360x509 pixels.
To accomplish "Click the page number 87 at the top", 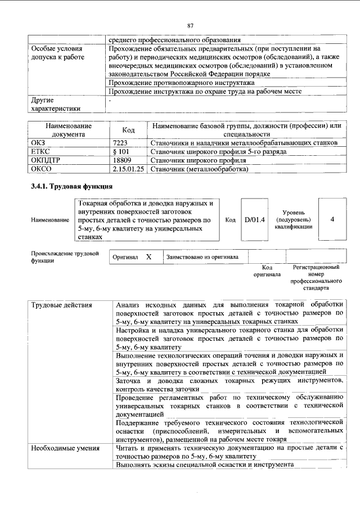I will pyautogui.click(x=190, y=25).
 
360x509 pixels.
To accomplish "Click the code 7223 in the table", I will pyautogui.click(x=121, y=143).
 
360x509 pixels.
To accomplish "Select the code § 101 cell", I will pyautogui.click(x=121, y=152).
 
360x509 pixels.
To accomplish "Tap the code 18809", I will pyautogui.click(x=122, y=160).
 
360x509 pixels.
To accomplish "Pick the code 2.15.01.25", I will pyautogui.click(x=128, y=169).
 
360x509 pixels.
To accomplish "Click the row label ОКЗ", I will pyautogui.click(x=38, y=143).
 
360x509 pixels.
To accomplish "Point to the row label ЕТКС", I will pyautogui.click(x=40, y=152).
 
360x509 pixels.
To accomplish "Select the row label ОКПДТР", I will pyautogui.click(x=44, y=160).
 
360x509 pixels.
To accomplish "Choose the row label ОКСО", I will pyautogui.click(x=40, y=169).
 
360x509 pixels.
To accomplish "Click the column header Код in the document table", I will pyautogui.click(x=128, y=130).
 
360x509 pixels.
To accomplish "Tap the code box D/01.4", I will pyautogui.click(x=255, y=219).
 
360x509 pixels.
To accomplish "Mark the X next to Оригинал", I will pyautogui.click(x=148, y=256).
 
